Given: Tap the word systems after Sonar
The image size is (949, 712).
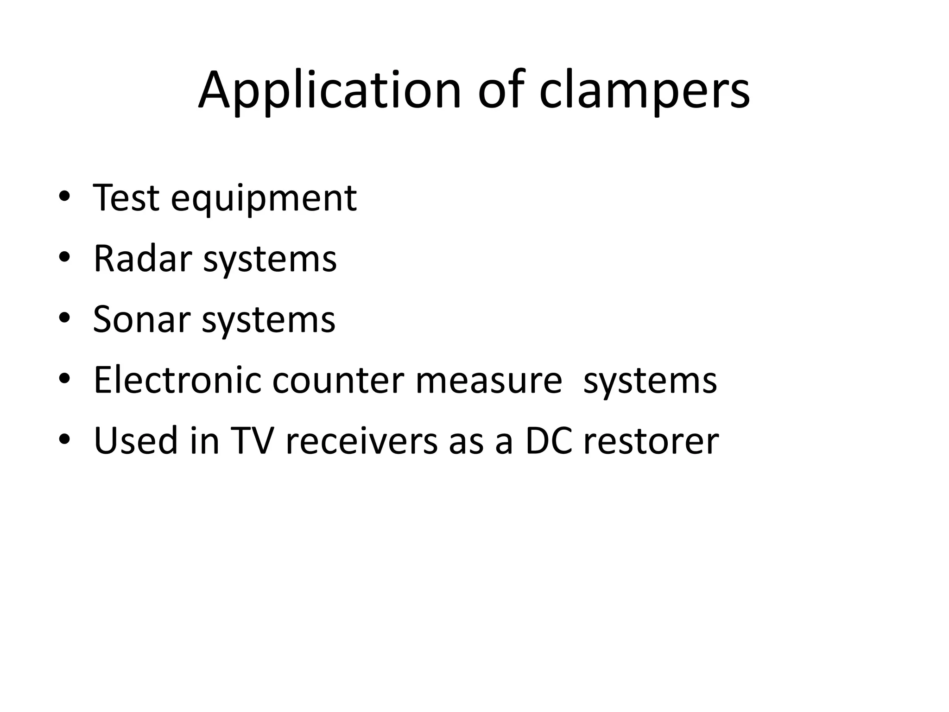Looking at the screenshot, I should [268, 320].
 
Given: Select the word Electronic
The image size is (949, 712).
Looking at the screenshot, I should [177, 380].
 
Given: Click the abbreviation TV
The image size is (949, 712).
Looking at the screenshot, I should [250, 441].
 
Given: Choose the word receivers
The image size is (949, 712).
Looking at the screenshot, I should [361, 441].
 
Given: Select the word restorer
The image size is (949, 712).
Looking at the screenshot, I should [651, 442].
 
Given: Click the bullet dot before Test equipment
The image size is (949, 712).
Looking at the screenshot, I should [64, 197].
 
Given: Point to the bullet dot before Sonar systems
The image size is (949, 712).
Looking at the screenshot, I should [64, 318].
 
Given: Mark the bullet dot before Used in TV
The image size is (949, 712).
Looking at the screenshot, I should [64, 440].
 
